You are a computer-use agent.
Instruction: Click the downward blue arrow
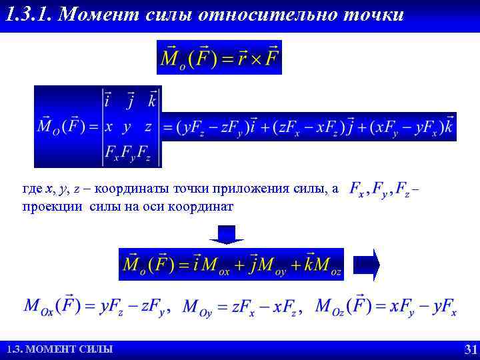[x=227, y=235]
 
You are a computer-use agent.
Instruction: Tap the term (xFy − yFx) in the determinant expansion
[x=405, y=127]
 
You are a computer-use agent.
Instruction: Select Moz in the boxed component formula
[x=328, y=265]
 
